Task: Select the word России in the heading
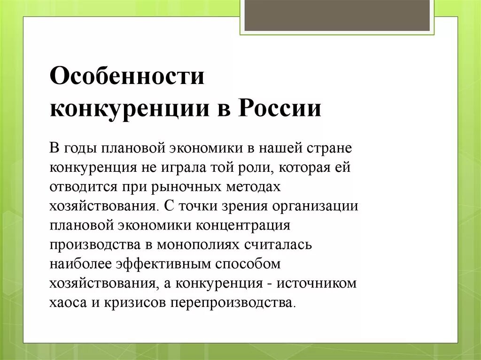282,108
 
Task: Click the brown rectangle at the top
337,15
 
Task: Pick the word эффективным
160,264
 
